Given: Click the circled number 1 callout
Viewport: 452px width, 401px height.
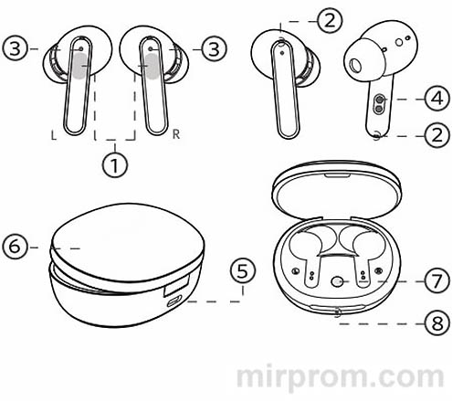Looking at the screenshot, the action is coord(114,164).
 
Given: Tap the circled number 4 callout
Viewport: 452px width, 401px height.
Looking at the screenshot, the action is coord(437,99).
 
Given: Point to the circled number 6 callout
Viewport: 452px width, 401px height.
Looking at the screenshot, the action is coord(16,247).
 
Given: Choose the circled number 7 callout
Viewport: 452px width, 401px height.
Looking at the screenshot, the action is coord(437,281).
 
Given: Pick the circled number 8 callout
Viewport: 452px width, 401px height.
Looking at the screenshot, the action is coord(437,323).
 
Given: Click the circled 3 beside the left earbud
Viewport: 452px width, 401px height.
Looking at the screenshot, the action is coord(16,48).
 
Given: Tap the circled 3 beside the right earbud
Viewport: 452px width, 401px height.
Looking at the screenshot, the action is coord(215,48).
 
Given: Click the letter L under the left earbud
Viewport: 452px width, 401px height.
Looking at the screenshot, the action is coord(54,134).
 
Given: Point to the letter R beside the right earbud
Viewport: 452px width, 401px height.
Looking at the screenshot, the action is coord(176,134).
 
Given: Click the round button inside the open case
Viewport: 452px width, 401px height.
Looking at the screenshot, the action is coord(337,281).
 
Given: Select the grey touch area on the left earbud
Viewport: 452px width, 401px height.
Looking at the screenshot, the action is coord(80,66).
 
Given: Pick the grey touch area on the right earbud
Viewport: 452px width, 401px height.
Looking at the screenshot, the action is coord(152,67).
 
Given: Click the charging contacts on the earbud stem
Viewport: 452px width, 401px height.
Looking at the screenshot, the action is coord(379,104).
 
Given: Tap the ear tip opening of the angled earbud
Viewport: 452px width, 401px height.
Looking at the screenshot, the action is coord(354,66).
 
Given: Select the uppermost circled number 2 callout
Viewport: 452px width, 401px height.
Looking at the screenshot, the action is coord(330,20).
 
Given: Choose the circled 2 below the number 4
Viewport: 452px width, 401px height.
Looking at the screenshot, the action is coord(437,135).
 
